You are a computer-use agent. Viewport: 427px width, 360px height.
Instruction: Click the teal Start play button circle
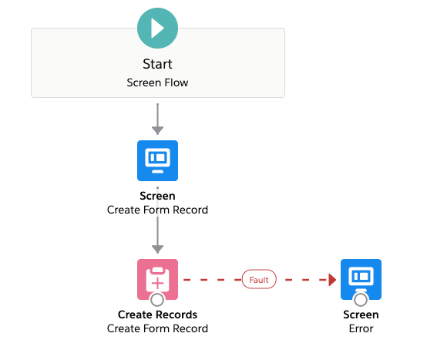point(157,28)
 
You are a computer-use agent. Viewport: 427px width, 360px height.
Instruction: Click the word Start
point(157,64)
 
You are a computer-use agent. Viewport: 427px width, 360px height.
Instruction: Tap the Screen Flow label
point(157,82)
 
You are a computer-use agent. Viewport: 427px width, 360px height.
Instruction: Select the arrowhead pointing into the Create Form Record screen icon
point(157,130)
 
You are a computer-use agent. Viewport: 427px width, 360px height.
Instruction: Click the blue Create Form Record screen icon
point(157,160)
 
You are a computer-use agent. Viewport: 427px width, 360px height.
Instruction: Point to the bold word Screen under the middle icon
point(157,196)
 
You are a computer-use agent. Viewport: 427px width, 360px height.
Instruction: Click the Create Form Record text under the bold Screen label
point(157,210)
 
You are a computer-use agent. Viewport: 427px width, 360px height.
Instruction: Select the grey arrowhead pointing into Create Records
point(157,249)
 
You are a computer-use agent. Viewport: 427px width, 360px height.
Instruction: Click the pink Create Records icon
point(157,279)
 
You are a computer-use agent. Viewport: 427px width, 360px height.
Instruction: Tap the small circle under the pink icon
point(157,299)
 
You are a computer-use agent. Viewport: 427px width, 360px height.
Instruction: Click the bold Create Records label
point(157,315)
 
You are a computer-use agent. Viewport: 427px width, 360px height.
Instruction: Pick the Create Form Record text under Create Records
point(157,328)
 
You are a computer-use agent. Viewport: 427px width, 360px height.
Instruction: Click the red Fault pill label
point(259,279)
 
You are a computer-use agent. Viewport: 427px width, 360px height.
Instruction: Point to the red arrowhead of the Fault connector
point(332,280)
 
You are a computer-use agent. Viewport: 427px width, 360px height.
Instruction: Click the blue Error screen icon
point(361,279)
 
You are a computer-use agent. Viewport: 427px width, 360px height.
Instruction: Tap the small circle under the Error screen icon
point(361,299)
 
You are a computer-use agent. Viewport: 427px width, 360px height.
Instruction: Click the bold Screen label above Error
point(361,315)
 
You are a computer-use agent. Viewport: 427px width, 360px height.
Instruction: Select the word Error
point(361,328)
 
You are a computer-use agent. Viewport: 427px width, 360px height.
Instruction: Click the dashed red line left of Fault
point(213,280)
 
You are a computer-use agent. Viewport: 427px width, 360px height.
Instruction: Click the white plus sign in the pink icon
point(157,283)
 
